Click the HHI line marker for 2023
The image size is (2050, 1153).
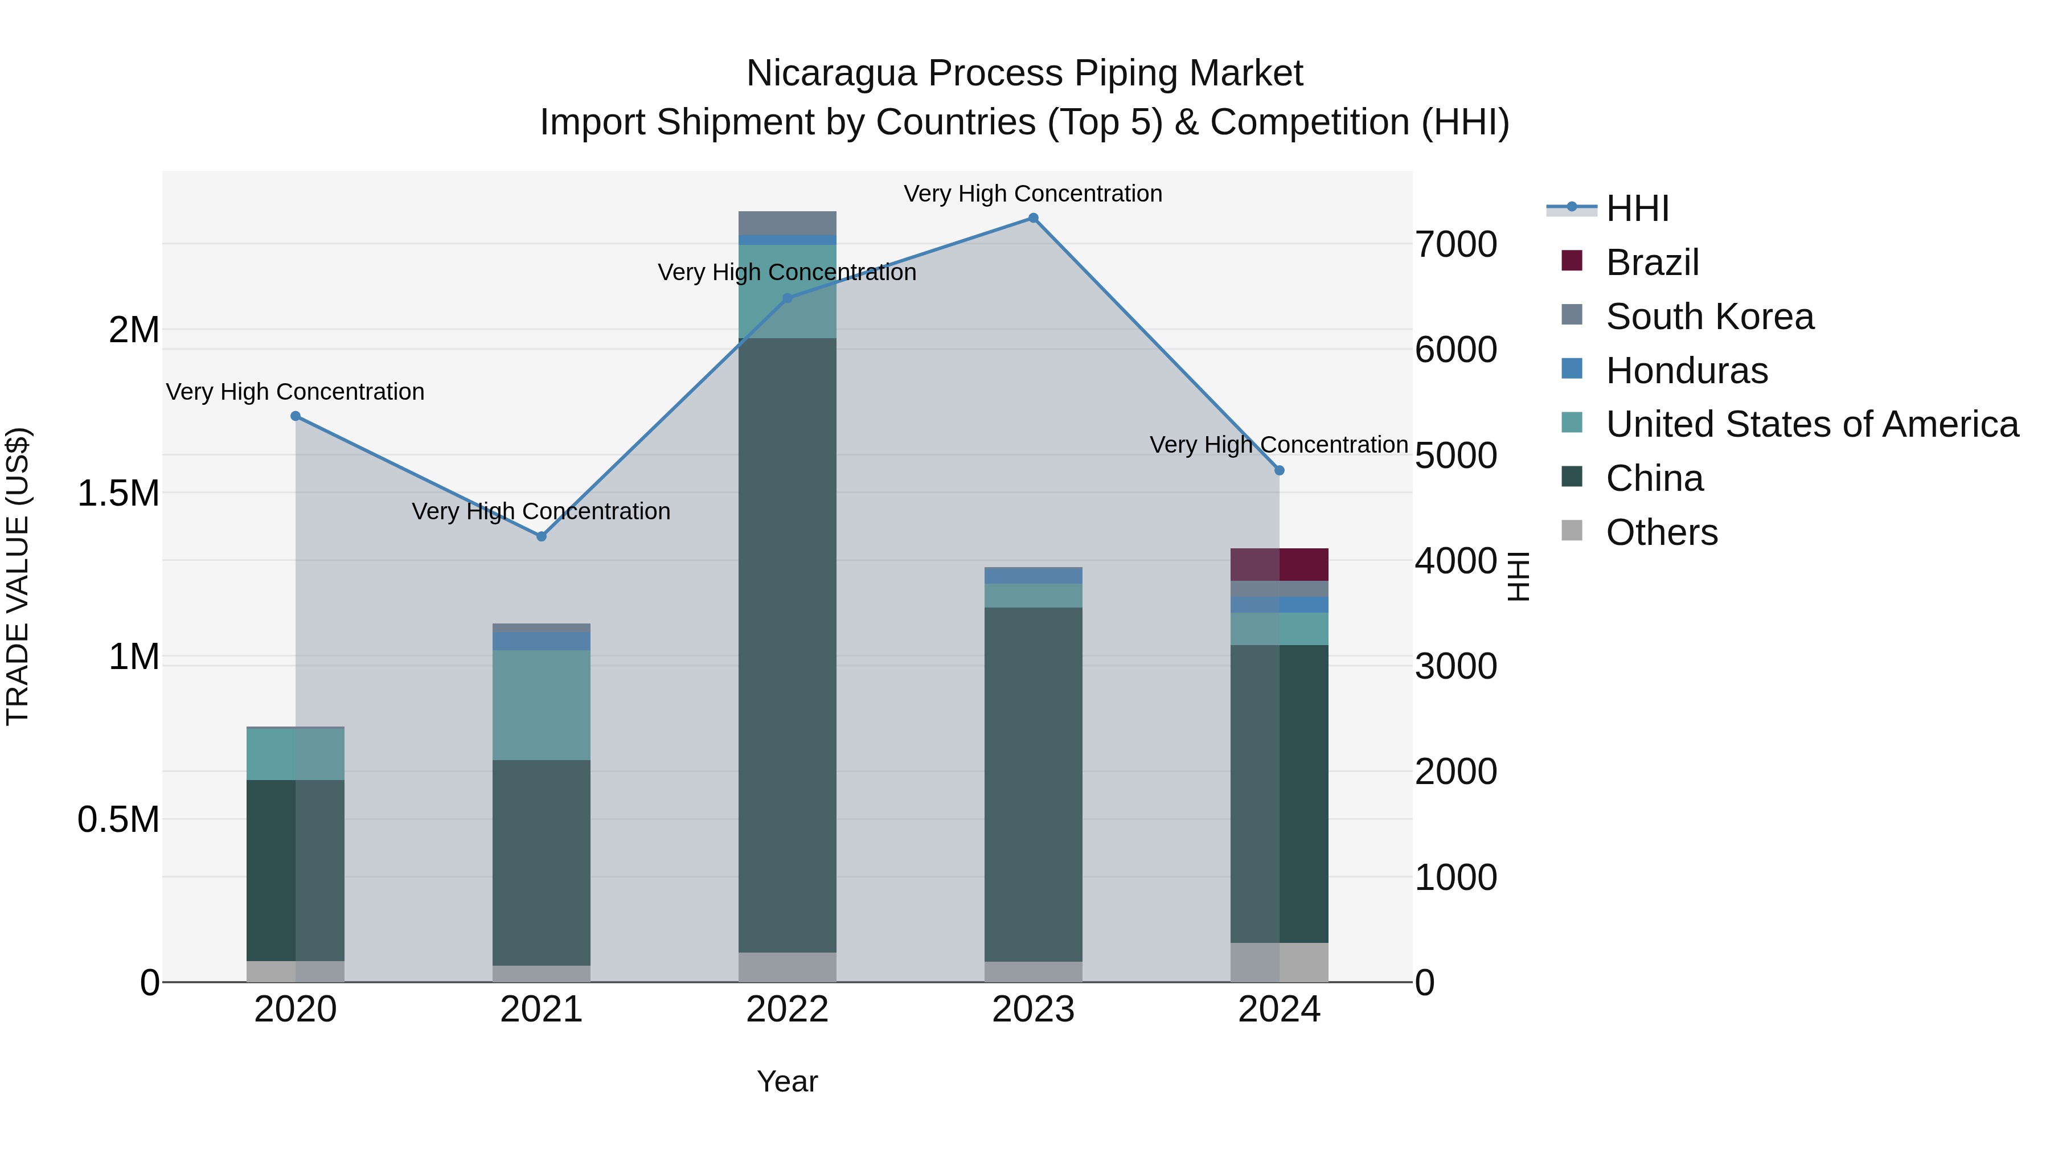tap(1033, 218)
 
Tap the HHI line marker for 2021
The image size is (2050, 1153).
tap(541, 536)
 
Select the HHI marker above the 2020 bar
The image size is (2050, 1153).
tap(295, 416)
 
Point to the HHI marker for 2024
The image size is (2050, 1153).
tap(1279, 470)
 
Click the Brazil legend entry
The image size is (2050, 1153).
tap(1652, 262)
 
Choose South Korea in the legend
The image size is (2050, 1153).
tap(1709, 317)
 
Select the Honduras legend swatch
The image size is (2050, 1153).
tap(1572, 369)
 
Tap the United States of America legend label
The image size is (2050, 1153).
tap(1812, 424)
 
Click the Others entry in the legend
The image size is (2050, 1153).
tap(1662, 532)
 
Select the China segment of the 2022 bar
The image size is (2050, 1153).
tap(787, 645)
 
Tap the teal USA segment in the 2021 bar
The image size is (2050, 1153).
tap(541, 705)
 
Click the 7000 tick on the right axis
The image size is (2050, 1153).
tap(1455, 244)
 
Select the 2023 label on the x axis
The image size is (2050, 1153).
tap(1033, 1010)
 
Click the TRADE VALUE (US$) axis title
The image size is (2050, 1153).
tap(18, 576)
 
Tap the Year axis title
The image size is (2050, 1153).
tap(787, 1081)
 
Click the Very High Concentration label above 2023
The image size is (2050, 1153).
tap(1033, 194)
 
